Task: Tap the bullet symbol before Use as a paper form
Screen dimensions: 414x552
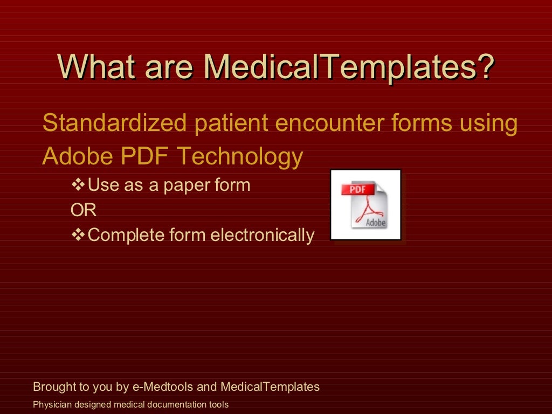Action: point(79,185)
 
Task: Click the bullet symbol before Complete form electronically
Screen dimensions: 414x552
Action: point(79,235)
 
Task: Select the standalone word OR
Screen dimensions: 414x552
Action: point(84,210)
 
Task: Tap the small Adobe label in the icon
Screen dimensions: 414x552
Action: point(376,222)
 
